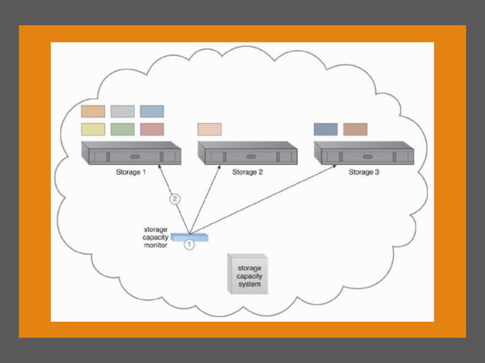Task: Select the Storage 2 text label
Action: click(x=247, y=172)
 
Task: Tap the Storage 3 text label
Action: click(x=364, y=172)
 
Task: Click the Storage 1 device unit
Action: click(x=131, y=154)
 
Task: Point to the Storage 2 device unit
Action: click(x=247, y=154)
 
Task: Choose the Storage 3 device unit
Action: click(x=364, y=154)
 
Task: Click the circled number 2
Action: click(x=175, y=200)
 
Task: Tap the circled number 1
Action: click(x=189, y=245)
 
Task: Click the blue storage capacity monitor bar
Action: click(x=189, y=237)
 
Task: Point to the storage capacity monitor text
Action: click(x=155, y=237)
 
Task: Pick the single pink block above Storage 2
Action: click(x=209, y=129)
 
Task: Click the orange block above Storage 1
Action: click(x=93, y=112)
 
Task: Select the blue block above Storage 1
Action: click(x=152, y=112)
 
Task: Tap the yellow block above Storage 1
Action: click(x=93, y=129)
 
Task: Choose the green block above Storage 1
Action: click(x=122, y=129)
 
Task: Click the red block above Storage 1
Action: click(x=152, y=129)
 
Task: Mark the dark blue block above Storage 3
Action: click(x=325, y=129)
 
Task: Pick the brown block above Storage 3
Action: click(x=355, y=129)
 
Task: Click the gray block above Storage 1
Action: click(x=122, y=112)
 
